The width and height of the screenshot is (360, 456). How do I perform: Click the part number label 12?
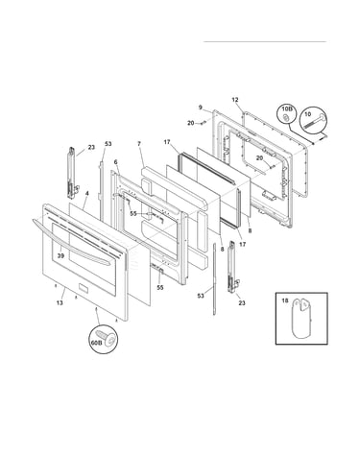pos(235,100)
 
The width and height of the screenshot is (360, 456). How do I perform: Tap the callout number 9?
pos(201,108)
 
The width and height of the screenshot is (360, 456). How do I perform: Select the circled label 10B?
pos(287,109)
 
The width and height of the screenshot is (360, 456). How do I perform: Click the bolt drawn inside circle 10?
pos(314,122)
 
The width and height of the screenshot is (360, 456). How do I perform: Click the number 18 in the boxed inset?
pos(285,300)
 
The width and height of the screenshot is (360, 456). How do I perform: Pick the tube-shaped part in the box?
pos(301,318)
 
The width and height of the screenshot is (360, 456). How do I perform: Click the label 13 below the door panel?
pos(60,302)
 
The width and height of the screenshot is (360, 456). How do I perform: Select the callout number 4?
pos(87,193)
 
